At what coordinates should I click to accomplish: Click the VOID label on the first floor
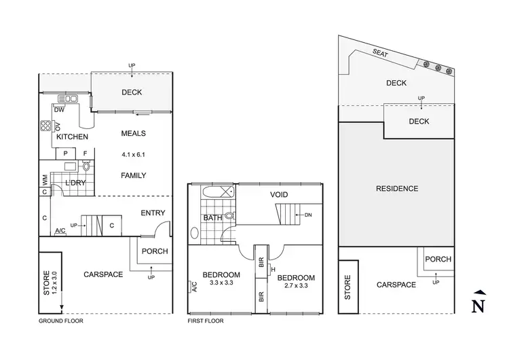coord(279,195)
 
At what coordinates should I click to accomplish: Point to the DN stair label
coord(308,215)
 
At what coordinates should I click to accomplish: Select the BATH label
coord(212,218)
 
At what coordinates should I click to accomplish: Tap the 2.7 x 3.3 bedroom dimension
coord(295,287)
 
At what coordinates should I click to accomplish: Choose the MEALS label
coord(133,133)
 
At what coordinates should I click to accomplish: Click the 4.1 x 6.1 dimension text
coord(133,154)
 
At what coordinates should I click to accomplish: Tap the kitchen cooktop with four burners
coord(46,125)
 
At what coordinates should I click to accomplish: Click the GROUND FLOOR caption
coord(61,319)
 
